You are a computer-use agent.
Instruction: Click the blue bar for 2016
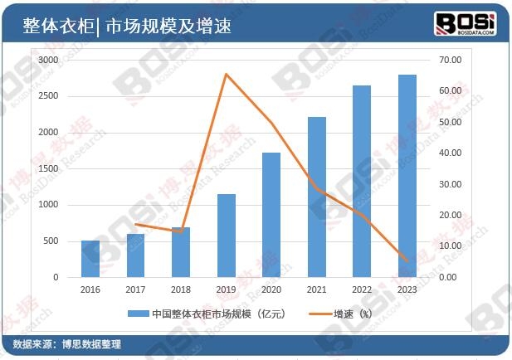pos(90,259)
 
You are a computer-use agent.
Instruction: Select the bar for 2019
pos(227,236)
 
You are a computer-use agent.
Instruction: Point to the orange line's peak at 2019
pos(227,75)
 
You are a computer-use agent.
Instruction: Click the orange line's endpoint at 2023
pos(407,261)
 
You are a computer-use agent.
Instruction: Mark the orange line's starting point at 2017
pos(136,224)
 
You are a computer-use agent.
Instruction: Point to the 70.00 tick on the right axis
pos(450,61)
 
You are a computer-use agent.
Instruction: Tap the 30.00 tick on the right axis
pos(450,184)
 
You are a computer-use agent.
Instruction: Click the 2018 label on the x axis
pos(181,290)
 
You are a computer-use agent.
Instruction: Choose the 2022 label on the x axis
pos(362,290)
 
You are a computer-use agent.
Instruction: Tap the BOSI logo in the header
pos(465,22)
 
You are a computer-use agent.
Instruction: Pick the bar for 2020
pos(271,215)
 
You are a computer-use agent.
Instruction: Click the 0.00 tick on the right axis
pos(448,277)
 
